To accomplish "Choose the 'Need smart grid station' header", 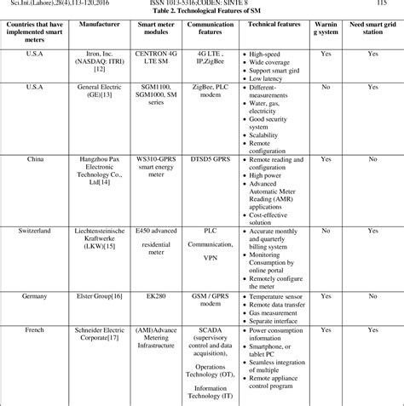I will (x=372, y=31).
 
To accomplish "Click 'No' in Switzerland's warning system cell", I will (x=326, y=231).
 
